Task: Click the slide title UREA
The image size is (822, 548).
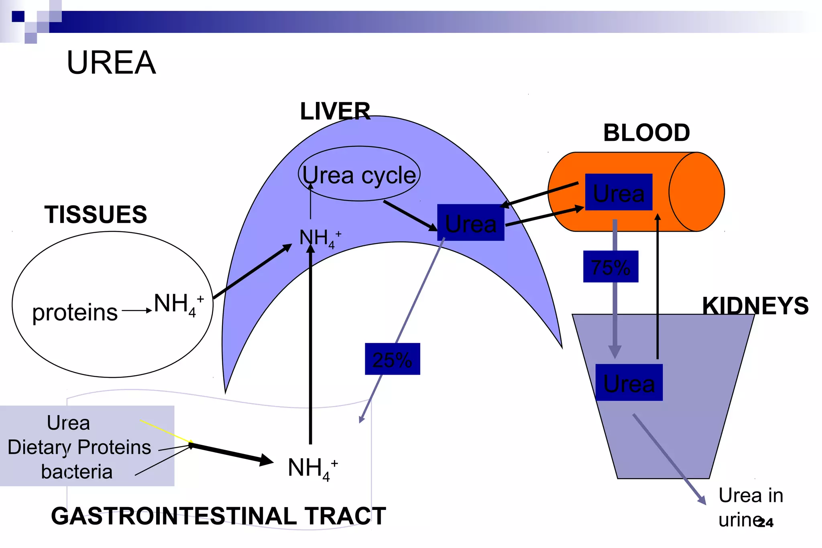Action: click(111, 63)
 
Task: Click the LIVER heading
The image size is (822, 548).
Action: click(335, 111)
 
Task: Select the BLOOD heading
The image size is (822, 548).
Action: click(647, 133)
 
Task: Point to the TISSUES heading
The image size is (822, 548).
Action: click(96, 214)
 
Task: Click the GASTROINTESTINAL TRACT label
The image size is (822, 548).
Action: click(218, 516)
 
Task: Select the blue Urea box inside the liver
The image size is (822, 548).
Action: click(470, 223)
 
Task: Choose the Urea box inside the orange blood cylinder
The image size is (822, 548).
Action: click(619, 193)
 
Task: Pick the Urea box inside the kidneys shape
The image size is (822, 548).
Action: click(629, 383)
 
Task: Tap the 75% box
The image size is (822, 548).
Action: click(610, 267)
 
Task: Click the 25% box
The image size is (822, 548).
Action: click(392, 359)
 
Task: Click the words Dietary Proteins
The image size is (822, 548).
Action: click(79, 447)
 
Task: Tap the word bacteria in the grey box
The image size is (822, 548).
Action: click(76, 472)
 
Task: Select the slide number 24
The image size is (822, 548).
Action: click(766, 522)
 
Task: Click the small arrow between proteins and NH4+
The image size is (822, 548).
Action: click(136, 311)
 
